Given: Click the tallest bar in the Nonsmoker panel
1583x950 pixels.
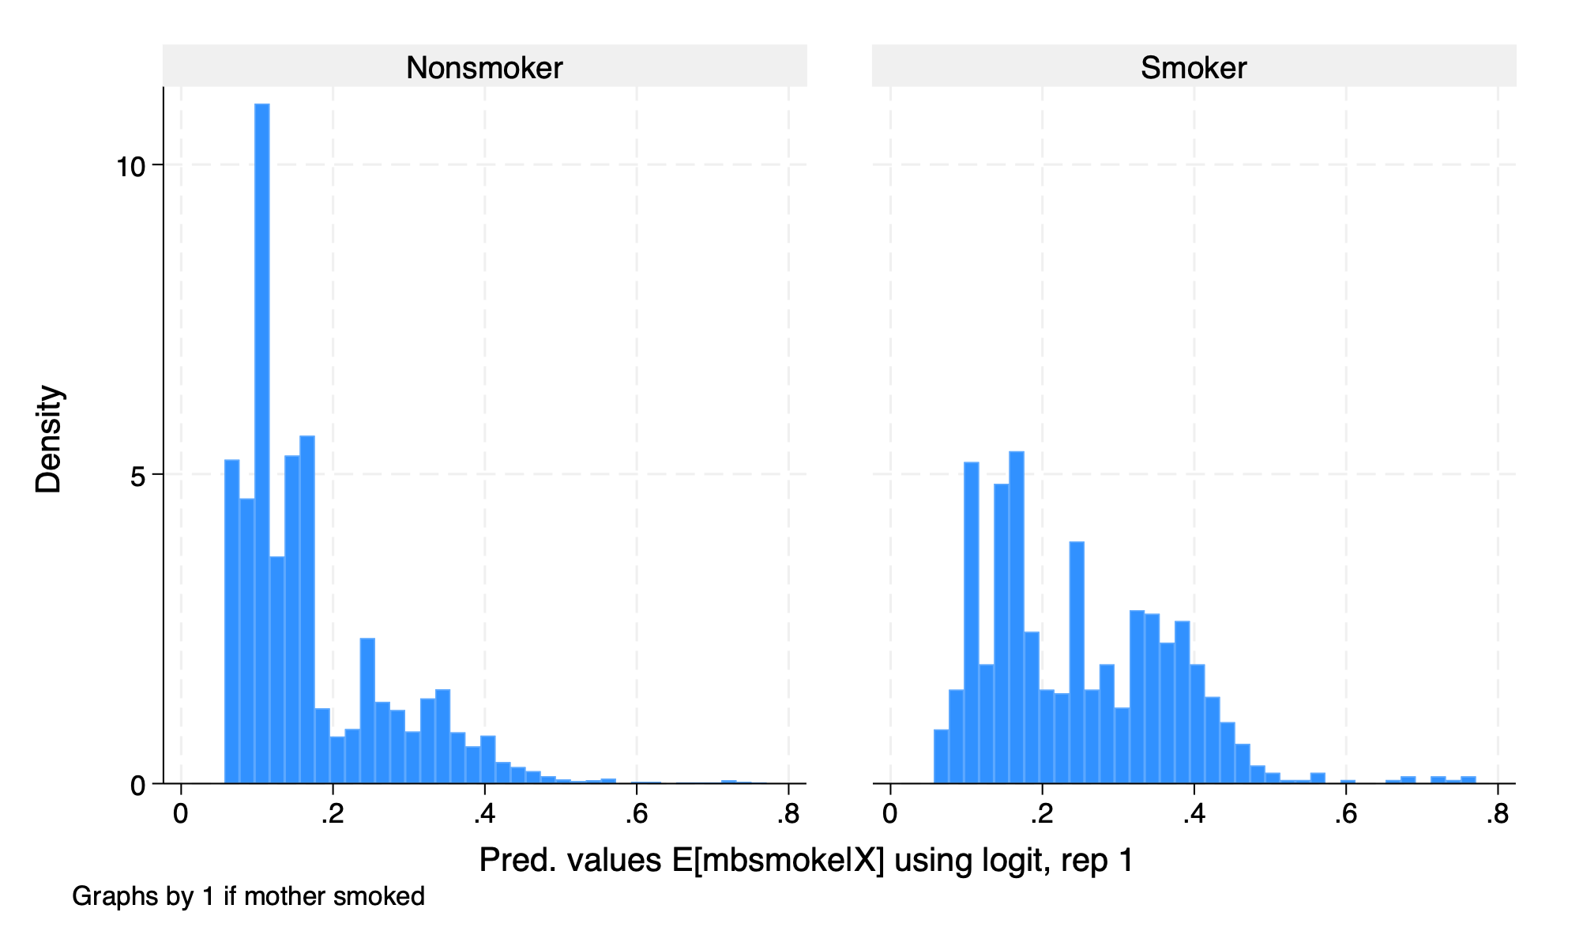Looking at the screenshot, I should (261, 443).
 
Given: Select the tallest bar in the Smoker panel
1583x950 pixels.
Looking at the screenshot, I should (1017, 616).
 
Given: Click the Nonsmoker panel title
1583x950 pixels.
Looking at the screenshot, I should (484, 68).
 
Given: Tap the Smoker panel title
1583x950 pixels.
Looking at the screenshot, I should (1193, 68).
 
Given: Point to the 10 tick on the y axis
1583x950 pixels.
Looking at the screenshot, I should (130, 167).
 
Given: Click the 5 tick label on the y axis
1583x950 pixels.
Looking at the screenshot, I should (137, 477).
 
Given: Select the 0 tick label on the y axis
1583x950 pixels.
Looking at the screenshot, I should (137, 786).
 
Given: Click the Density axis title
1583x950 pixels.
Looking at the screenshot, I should (49, 439).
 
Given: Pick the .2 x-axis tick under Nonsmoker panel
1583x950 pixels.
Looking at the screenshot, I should (332, 814).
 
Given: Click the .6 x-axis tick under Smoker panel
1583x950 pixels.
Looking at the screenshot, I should (1345, 814).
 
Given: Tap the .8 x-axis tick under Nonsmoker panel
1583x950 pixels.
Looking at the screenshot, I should (788, 814).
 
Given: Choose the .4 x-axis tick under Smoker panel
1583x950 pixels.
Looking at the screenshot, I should (1194, 814).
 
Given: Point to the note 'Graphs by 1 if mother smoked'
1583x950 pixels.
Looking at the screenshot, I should (248, 896).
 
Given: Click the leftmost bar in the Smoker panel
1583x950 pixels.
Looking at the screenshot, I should (941, 757).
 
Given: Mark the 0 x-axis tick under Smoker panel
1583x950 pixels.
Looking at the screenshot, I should (890, 814).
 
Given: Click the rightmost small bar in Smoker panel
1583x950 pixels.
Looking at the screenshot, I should (1468, 780).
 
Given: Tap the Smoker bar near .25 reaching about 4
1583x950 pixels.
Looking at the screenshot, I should (1077, 662).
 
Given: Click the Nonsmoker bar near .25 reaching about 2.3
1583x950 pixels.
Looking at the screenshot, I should (367, 711).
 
